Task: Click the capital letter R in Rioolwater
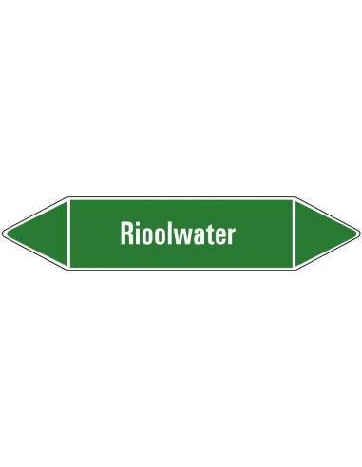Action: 126,233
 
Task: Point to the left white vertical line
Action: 69,233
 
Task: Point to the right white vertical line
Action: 294,233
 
